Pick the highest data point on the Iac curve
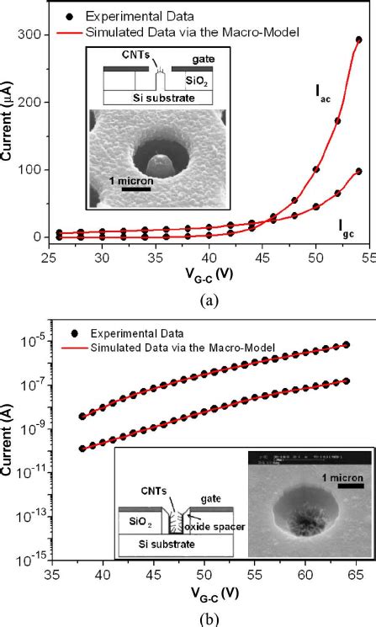pyautogui.click(x=358, y=40)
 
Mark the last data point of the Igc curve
pyautogui.click(x=358, y=171)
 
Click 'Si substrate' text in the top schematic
pyautogui.click(x=156, y=98)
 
